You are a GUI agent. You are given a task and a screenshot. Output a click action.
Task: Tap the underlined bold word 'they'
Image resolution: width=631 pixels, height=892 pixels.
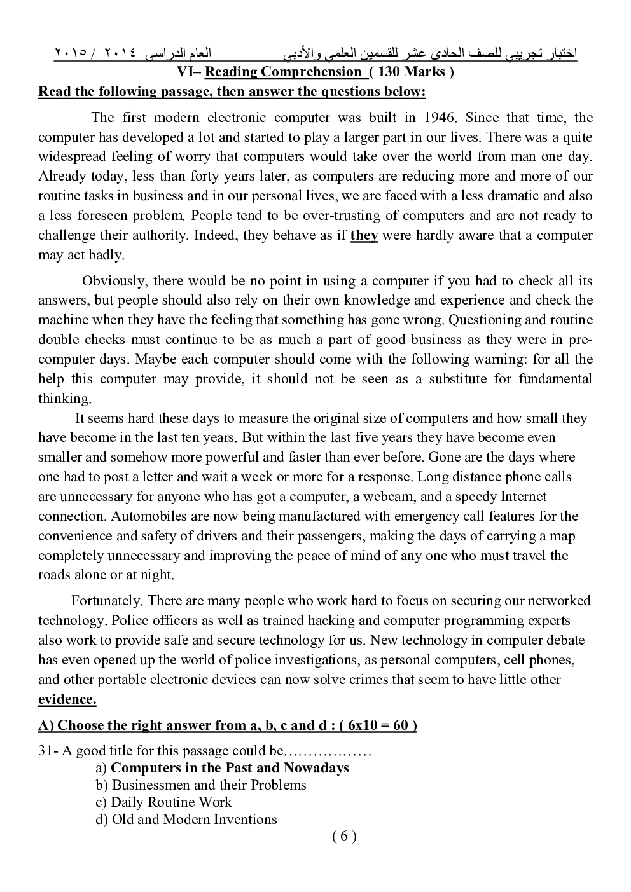[x=364, y=235]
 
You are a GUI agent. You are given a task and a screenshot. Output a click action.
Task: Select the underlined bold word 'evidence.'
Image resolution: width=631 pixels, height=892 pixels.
[x=67, y=699]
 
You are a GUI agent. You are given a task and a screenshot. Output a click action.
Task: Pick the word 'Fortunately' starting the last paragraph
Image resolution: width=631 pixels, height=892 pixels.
[x=106, y=601]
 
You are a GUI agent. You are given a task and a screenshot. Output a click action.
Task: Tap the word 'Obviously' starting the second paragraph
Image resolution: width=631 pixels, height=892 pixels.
[x=114, y=281]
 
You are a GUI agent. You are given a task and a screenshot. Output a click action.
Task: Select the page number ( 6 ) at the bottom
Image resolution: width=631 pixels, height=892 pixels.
[x=344, y=836]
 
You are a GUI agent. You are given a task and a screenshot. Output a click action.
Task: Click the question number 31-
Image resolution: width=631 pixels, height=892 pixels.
[x=49, y=751]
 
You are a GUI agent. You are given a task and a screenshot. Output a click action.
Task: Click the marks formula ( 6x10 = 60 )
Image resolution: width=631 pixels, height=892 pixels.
[x=378, y=725]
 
